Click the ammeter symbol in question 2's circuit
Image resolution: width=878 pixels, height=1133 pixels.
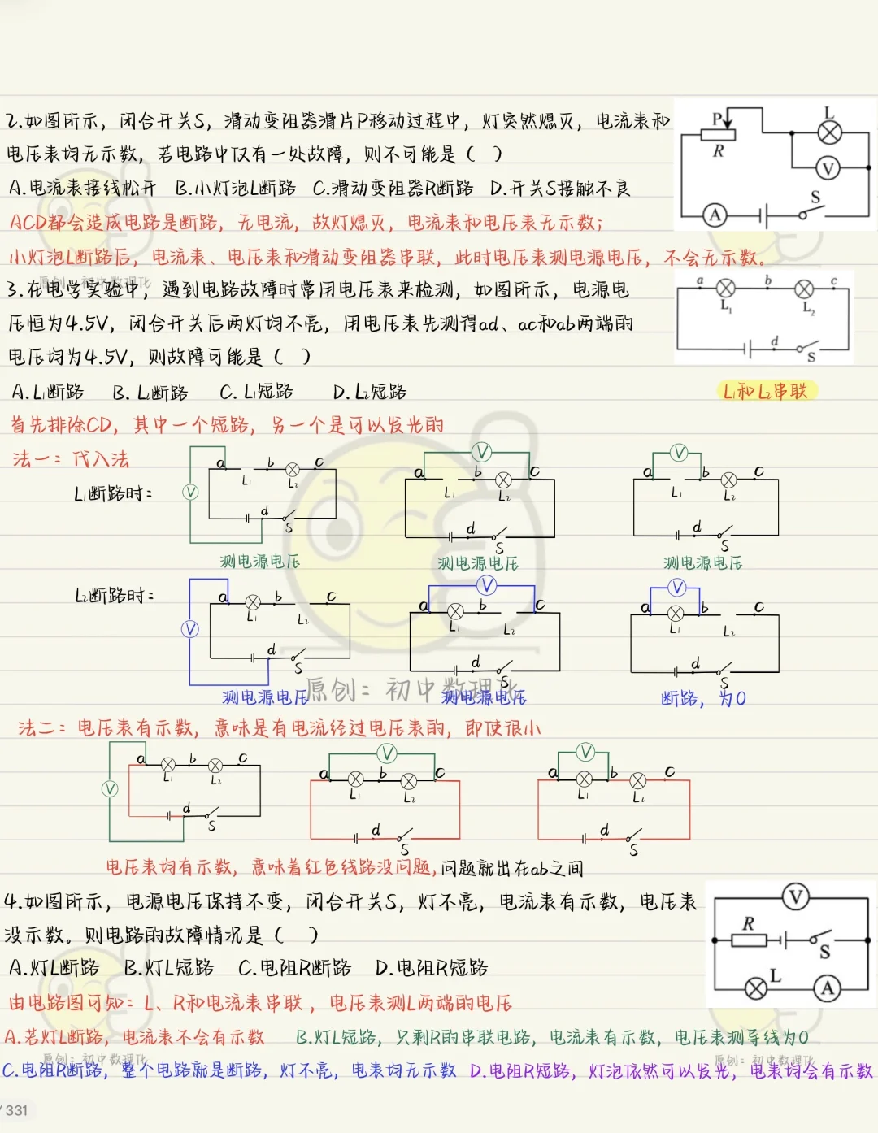[715, 215]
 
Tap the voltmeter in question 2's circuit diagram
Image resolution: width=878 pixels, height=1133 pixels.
[828, 168]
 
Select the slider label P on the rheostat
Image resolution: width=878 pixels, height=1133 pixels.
[717, 119]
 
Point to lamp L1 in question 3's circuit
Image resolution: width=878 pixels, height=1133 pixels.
[725, 289]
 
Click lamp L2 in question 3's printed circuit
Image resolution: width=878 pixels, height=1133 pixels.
[804, 289]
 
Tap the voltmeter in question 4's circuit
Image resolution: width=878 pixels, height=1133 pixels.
[795, 897]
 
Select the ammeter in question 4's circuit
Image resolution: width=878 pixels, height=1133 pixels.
[827, 988]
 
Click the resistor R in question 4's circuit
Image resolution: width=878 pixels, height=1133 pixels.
[749, 940]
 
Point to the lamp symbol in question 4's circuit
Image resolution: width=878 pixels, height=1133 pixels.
[756, 988]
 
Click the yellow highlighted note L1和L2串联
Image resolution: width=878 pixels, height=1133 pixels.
[765, 391]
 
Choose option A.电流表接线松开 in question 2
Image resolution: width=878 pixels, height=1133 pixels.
[82, 188]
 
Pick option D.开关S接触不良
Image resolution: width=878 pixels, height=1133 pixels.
[560, 188]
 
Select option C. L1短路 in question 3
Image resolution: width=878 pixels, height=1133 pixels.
[257, 392]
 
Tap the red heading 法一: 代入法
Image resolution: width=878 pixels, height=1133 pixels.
[71, 459]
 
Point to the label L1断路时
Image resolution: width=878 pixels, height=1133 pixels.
[113, 493]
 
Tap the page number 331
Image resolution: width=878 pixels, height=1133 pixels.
[16, 1110]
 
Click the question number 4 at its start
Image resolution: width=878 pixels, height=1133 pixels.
[11, 901]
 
